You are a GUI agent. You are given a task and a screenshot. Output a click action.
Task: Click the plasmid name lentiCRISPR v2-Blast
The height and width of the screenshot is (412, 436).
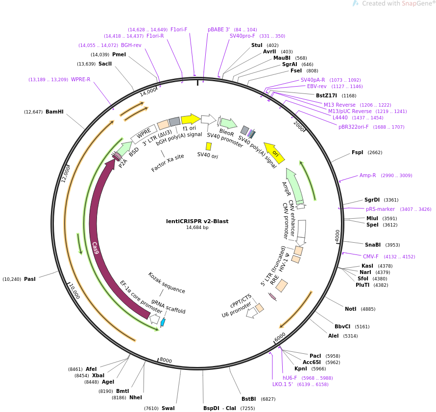point(197,221)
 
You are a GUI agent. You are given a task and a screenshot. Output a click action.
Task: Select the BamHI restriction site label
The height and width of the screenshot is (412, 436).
point(54,112)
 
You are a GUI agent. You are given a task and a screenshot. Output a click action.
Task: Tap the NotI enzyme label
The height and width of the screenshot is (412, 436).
point(350,309)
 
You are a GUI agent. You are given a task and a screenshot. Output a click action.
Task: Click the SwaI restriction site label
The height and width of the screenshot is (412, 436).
point(168,408)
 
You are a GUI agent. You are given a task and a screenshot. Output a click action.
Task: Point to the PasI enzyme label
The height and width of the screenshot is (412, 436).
point(30,279)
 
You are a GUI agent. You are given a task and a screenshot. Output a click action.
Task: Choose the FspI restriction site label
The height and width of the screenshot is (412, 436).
point(357,153)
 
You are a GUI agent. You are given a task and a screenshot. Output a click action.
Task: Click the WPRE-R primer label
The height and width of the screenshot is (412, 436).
point(81,80)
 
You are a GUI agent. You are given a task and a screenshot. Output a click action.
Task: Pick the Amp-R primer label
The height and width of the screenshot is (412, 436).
point(367,175)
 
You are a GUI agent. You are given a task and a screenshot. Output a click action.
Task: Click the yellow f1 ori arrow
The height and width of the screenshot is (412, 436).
point(191,119)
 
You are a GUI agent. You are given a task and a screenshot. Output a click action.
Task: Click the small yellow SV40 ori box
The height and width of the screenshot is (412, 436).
point(209,146)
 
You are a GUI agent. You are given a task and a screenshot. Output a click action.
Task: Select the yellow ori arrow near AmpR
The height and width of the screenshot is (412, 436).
point(274,153)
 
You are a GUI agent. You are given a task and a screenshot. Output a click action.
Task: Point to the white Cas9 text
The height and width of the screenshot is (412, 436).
point(95,248)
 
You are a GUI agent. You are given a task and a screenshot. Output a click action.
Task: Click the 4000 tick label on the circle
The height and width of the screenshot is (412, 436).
point(338,235)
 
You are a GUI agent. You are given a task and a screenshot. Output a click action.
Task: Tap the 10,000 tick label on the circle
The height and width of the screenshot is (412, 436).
point(73,291)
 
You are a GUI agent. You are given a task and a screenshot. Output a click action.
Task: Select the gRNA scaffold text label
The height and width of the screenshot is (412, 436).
point(169,306)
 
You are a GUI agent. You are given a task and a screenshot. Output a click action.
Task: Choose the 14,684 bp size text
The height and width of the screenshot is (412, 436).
point(197,228)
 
